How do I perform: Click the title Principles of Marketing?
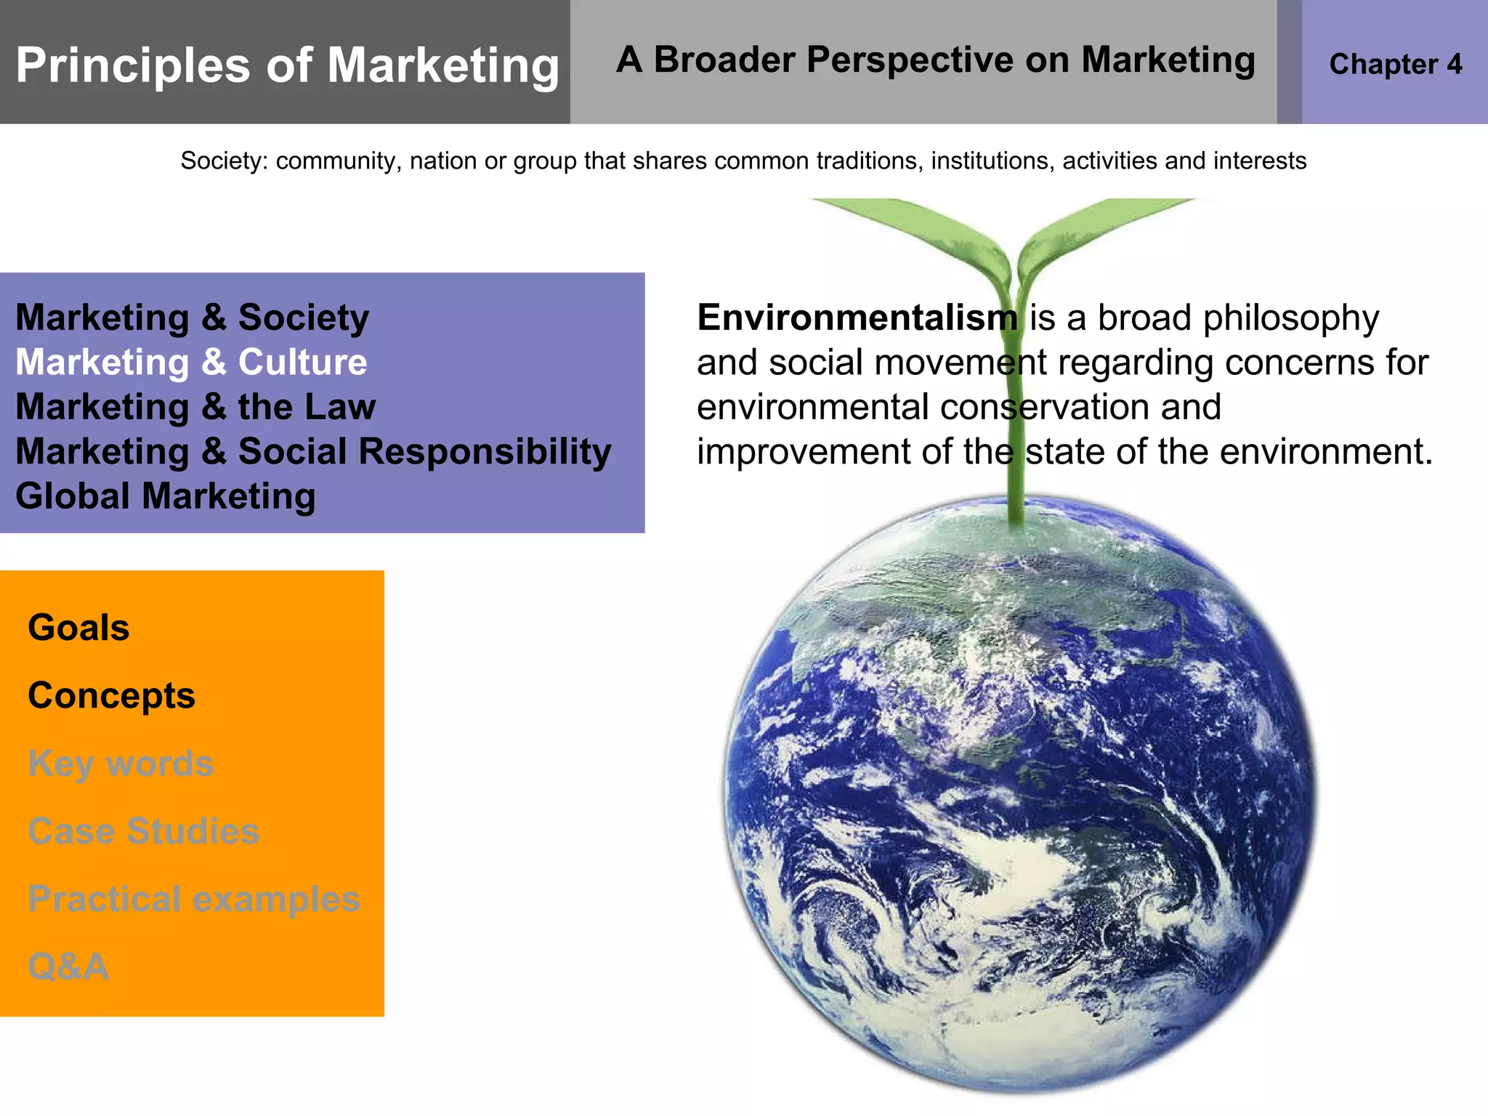pos(287,65)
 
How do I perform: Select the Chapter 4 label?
pos(1395,64)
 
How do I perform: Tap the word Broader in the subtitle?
pos(724,60)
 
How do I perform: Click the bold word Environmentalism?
pos(857,318)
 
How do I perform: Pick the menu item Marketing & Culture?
pos(191,362)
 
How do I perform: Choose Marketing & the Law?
pos(195,407)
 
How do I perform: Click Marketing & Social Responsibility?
pos(313,451)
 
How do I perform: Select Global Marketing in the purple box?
pos(166,496)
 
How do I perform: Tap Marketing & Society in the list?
pos(192,318)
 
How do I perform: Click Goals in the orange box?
pos(78,628)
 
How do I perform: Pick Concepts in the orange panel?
pos(111,695)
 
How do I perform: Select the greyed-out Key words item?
pos(121,763)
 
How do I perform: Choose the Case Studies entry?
pos(143,830)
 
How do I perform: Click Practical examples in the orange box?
pos(194,899)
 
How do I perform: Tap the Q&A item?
pos(68,966)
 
